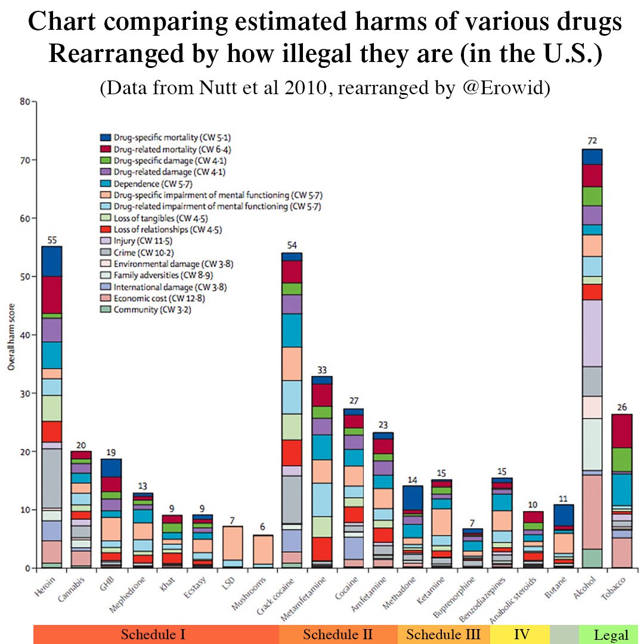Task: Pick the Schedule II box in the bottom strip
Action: (338, 634)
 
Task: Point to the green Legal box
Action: (611, 634)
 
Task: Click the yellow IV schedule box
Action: (521, 634)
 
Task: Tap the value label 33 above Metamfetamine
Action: (322, 369)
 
